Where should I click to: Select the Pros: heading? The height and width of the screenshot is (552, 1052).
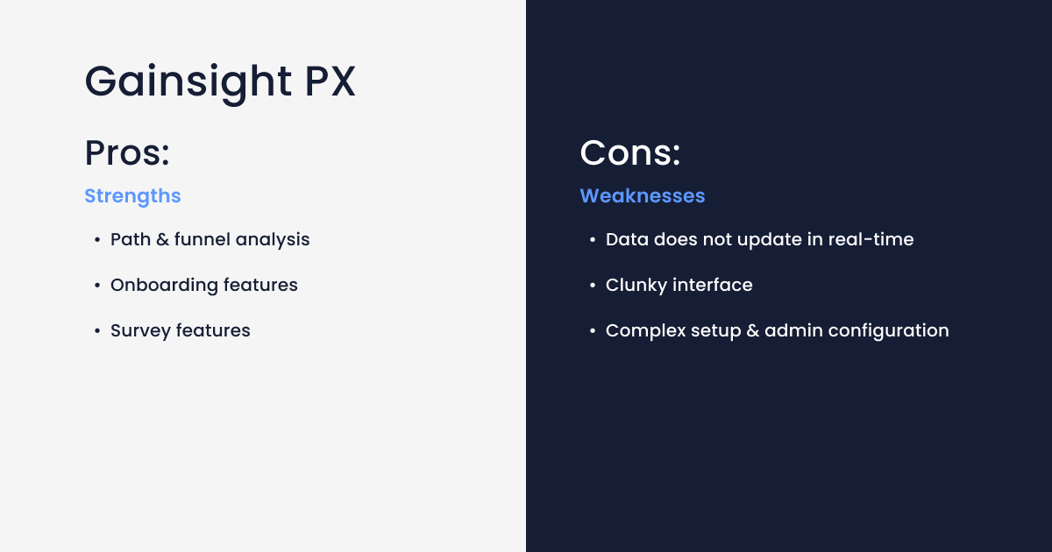coord(127,153)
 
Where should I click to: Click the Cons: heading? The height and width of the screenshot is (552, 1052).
coord(630,153)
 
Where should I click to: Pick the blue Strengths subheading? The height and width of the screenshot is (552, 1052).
coord(132,196)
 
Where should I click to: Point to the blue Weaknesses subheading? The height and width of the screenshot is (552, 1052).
coord(643,196)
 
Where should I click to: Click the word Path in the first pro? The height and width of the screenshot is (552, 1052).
coord(129,239)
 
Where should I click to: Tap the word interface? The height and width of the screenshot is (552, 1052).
coord(713,285)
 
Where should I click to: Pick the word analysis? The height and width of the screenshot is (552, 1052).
coord(273,239)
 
